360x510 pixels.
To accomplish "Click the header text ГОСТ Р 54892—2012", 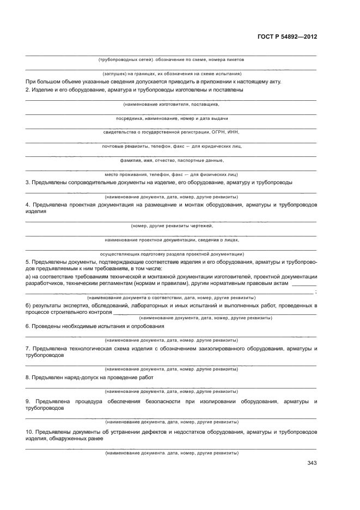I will click(287, 37).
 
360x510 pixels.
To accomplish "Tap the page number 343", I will click(312, 463).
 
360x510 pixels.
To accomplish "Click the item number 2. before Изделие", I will click(28, 89).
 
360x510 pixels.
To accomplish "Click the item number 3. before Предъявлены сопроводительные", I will click(28, 183).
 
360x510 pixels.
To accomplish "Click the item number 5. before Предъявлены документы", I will click(28, 262).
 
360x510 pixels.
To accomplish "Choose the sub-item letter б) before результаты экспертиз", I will click(28, 305).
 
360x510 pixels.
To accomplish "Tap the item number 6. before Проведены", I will click(28, 326).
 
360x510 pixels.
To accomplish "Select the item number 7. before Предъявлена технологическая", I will click(28, 348).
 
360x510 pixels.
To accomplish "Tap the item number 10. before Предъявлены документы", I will click(29, 432).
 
